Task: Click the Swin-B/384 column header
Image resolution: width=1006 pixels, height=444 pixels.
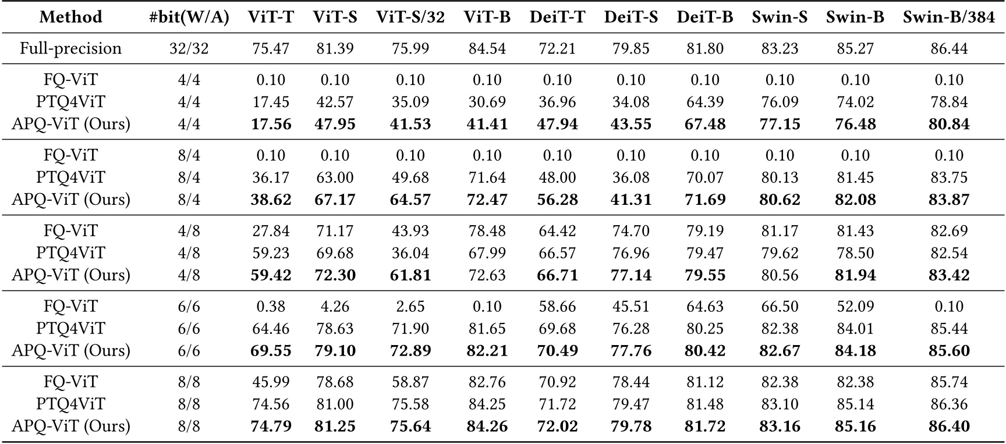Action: click(x=948, y=17)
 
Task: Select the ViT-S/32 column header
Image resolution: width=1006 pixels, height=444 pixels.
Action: click(x=410, y=17)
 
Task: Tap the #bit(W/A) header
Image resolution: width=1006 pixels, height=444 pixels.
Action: click(x=189, y=17)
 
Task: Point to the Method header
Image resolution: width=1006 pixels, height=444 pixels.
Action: click(x=70, y=17)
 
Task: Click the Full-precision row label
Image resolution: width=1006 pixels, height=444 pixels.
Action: click(x=70, y=48)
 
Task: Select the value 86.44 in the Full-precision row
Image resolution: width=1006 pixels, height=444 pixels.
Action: click(x=948, y=48)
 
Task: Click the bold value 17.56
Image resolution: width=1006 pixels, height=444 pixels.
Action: click(x=271, y=124)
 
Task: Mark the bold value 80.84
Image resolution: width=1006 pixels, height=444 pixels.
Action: click(x=948, y=124)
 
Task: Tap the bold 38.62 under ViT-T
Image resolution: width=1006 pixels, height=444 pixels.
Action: click(x=271, y=200)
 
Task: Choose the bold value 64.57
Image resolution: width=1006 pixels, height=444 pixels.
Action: click(x=410, y=200)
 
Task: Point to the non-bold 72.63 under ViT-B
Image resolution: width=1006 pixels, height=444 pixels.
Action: click(x=487, y=275)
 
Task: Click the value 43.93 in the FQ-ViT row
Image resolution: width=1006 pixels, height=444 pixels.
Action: click(x=410, y=231)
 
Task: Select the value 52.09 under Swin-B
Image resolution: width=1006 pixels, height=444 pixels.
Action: click(x=855, y=307)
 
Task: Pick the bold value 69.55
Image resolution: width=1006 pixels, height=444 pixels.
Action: click(x=271, y=351)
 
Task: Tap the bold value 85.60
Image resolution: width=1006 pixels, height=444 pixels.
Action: click(x=948, y=351)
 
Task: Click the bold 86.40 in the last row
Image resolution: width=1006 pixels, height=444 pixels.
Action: click(x=948, y=427)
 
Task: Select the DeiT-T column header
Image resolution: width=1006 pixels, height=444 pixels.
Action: click(x=557, y=17)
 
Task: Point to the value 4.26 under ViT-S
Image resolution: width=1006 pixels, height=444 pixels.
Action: click(x=335, y=307)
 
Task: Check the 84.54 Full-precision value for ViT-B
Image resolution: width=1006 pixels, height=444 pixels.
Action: click(x=487, y=48)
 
